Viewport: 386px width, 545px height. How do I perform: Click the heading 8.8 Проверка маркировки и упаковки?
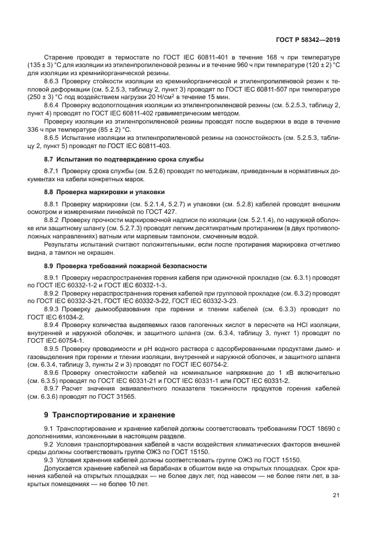tap(105, 191)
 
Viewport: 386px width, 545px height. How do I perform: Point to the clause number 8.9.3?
tap(53, 308)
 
